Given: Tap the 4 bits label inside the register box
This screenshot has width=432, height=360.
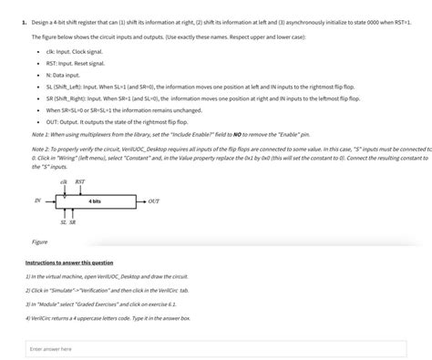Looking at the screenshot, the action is click(x=95, y=201).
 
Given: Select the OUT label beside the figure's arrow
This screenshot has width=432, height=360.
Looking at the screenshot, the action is click(x=154, y=201).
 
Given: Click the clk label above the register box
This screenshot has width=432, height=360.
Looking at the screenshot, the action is click(x=63, y=182).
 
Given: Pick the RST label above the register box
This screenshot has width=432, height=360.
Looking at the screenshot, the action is click(x=79, y=182).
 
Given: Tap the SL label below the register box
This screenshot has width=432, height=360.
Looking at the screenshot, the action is click(x=63, y=221).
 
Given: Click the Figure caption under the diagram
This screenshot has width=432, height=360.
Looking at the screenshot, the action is click(x=40, y=242).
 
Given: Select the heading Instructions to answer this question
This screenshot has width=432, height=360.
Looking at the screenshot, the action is click(x=69, y=262).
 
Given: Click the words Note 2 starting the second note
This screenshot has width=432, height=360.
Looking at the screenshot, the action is click(x=40, y=147).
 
